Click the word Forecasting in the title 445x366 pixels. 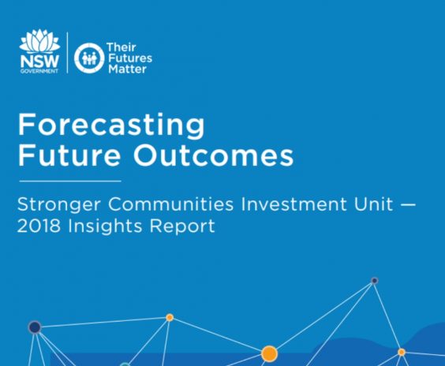pyautogui.click(x=111, y=125)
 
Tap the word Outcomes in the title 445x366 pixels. pyautogui.click(x=213, y=155)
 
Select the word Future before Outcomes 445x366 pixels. pyautogui.click(x=69, y=155)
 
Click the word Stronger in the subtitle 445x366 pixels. pyautogui.click(x=59, y=205)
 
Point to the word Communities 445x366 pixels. pyautogui.click(x=171, y=204)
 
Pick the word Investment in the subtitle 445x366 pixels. pyautogui.click(x=294, y=204)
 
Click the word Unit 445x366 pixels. pyautogui.click(x=373, y=204)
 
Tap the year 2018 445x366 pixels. pyautogui.click(x=39, y=226)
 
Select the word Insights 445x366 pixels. pyautogui.click(x=105, y=226)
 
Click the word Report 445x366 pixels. pyautogui.click(x=182, y=226)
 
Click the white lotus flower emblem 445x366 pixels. pyautogui.click(x=39, y=42)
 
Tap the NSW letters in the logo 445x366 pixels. pyautogui.click(x=39, y=62)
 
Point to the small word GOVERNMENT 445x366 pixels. pyautogui.click(x=39, y=71)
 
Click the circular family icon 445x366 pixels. pyautogui.click(x=89, y=58)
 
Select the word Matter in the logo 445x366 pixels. pyautogui.click(x=128, y=69)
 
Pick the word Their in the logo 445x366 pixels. pyautogui.click(x=122, y=47)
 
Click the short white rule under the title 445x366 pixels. pyautogui.click(x=70, y=181)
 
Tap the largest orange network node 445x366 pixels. pyautogui.click(x=269, y=354)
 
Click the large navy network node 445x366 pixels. pyautogui.click(x=35, y=327)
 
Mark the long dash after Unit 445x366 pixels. pyautogui.click(x=409, y=204)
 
